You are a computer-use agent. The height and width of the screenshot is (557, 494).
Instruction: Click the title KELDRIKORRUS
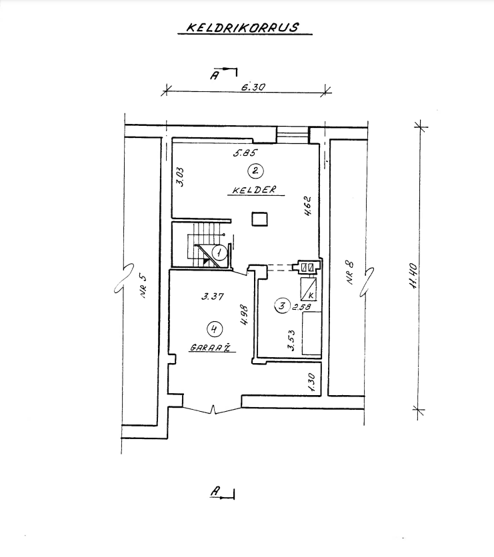click(x=241, y=29)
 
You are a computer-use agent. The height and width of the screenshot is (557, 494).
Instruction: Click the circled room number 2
click(x=253, y=171)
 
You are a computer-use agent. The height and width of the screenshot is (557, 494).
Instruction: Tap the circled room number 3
click(x=283, y=306)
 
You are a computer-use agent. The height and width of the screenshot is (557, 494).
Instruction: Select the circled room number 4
click(x=213, y=328)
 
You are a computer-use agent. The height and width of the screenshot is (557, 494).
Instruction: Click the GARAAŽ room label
click(x=210, y=347)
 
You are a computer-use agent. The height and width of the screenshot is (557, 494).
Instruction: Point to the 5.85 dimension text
click(x=241, y=152)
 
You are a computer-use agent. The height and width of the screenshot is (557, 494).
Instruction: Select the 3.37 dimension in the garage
click(x=211, y=298)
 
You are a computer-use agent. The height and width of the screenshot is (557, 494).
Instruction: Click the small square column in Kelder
click(x=259, y=219)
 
